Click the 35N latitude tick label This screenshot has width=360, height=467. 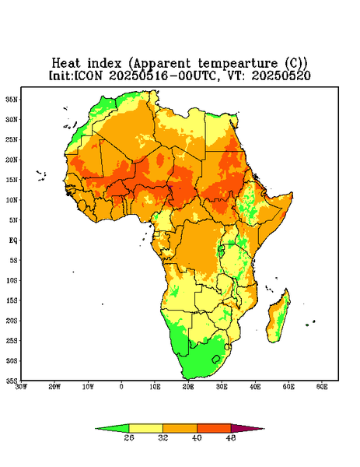coord(12,99)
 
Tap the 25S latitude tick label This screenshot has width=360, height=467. coord(12,340)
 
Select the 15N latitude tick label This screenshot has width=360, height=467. coord(12,180)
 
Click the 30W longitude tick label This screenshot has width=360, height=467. coord(21,387)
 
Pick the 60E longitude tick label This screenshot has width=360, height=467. coord(322,387)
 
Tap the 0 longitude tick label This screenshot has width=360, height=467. coord(121,387)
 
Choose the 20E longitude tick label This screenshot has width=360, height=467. coord(188,387)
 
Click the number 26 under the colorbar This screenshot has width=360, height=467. coord(129,437)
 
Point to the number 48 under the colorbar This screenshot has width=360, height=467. coord(231,437)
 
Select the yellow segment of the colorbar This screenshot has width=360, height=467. coord(145,428)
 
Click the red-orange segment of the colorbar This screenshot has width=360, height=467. coord(214,428)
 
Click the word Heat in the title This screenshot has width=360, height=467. coord(66,63)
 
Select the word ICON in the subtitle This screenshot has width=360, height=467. coord(88,75)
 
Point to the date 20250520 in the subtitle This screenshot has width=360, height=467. coord(281,75)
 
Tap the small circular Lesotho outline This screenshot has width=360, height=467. coord(215,359)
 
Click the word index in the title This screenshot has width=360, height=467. coord(104,63)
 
